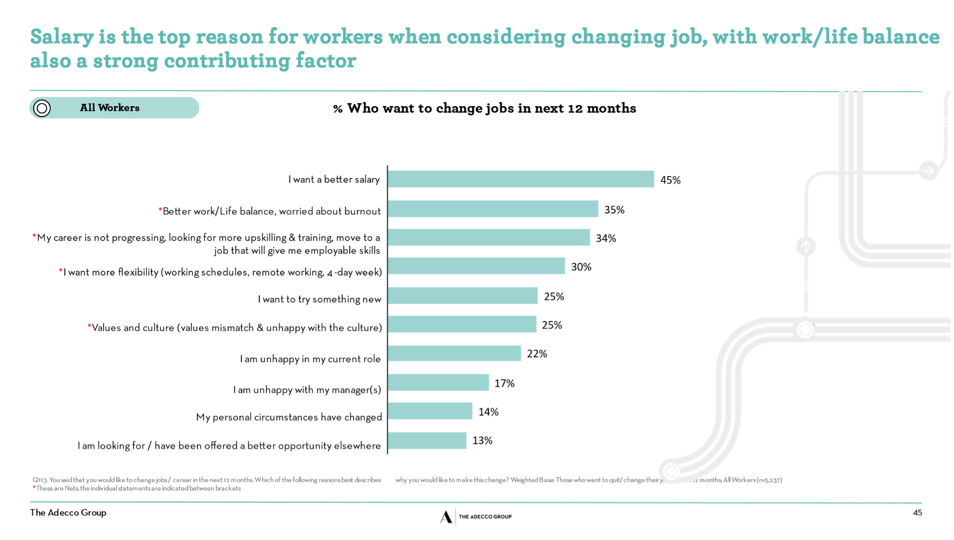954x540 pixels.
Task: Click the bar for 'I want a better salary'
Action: click(521, 179)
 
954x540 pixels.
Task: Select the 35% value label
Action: click(614, 210)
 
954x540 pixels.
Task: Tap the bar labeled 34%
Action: click(488, 238)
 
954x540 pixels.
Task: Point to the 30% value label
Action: click(581, 267)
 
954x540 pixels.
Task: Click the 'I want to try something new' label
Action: click(319, 299)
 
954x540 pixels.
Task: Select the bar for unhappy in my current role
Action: click(454, 354)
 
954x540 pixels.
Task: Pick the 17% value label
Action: click(504, 383)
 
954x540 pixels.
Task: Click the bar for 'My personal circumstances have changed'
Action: click(430, 411)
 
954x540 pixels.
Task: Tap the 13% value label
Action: click(482, 441)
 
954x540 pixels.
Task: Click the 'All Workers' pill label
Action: click(110, 108)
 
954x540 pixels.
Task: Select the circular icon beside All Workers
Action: click(42, 108)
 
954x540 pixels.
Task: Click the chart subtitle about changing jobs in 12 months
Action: click(485, 108)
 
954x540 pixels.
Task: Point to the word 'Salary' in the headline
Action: click(62, 37)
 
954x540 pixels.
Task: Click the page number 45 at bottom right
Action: click(917, 513)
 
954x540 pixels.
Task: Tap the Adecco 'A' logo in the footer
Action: click(445, 517)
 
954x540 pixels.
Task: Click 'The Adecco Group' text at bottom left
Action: click(68, 513)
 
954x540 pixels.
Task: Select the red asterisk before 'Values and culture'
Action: click(89, 327)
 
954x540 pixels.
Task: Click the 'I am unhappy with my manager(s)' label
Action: click(307, 390)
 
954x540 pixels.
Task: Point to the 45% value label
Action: click(670, 180)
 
